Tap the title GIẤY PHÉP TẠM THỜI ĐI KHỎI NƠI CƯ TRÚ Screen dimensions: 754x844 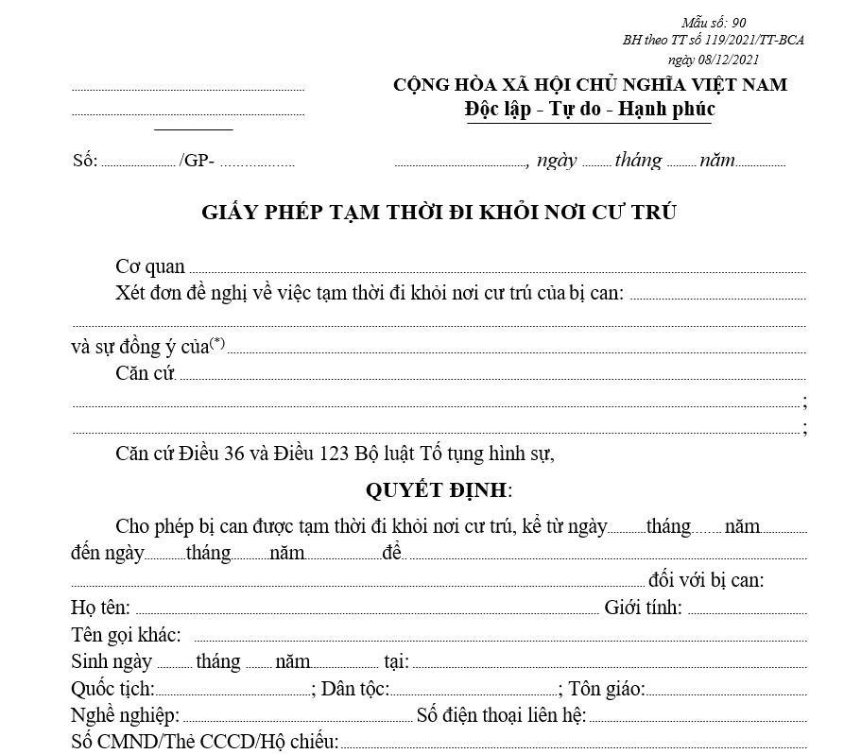click(439, 212)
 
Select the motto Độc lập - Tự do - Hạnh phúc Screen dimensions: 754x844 click(590, 109)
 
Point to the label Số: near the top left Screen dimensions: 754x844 click(85, 161)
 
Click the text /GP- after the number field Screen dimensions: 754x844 click(197, 161)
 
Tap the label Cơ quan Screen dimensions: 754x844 click(150, 267)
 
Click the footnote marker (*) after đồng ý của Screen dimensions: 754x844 click(217, 342)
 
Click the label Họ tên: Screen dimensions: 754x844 click(100, 608)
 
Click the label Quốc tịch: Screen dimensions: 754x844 click(112, 689)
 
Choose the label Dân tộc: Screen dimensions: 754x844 click(354, 689)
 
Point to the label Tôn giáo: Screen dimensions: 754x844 click(607, 689)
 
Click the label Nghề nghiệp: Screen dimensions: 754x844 click(125, 715)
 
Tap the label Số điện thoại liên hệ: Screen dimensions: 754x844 click(501, 715)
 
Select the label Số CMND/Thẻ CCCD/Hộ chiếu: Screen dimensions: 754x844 click(204, 742)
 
